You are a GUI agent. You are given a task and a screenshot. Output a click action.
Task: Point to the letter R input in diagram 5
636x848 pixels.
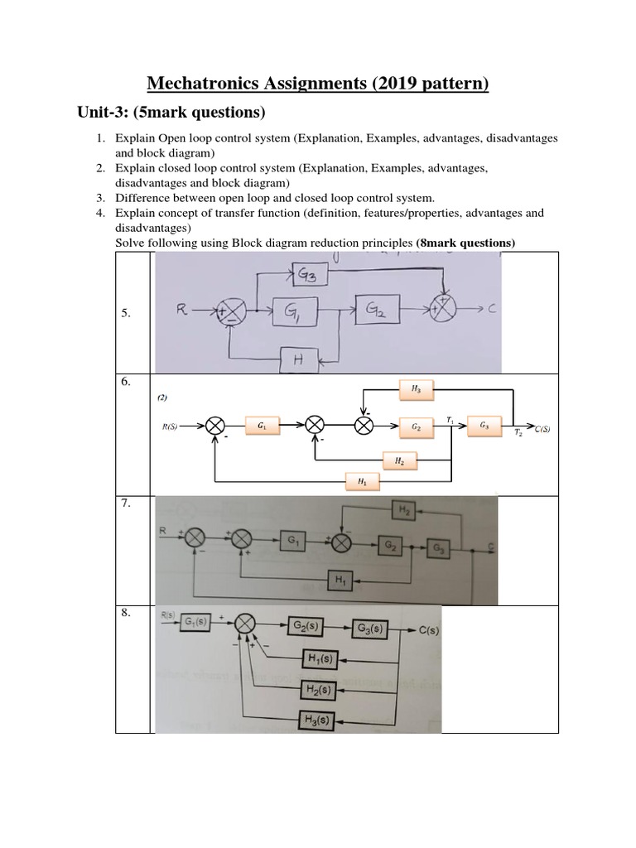[x=183, y=311]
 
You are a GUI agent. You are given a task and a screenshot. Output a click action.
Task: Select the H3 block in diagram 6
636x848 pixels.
[x=414, y=387]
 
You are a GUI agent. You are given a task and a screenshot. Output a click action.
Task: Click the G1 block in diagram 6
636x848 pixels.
[x=262, y=426]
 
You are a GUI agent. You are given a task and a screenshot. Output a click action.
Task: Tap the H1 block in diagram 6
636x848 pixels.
[x=362, y=480]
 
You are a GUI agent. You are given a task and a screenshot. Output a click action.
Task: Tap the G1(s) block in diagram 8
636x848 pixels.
[x=196, y=623]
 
